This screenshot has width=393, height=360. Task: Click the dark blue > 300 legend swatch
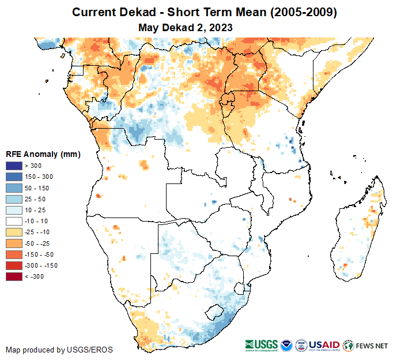tap(14, 166)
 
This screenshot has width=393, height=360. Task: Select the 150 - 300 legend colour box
tap(14, 177)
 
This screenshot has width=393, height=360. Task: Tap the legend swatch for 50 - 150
tap(14, 188)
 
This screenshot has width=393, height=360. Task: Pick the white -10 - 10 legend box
tap(14, 221)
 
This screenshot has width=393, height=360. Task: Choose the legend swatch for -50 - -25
tap(14, 243)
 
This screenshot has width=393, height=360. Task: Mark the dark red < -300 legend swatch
tap(14, 276)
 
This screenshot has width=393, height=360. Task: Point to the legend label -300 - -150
tap(41, 265)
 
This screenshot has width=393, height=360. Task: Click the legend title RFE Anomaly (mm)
tap(43, 154)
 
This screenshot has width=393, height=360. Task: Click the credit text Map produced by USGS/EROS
tap(59, 350)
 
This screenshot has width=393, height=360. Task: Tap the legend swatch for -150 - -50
tap(14, 254)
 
